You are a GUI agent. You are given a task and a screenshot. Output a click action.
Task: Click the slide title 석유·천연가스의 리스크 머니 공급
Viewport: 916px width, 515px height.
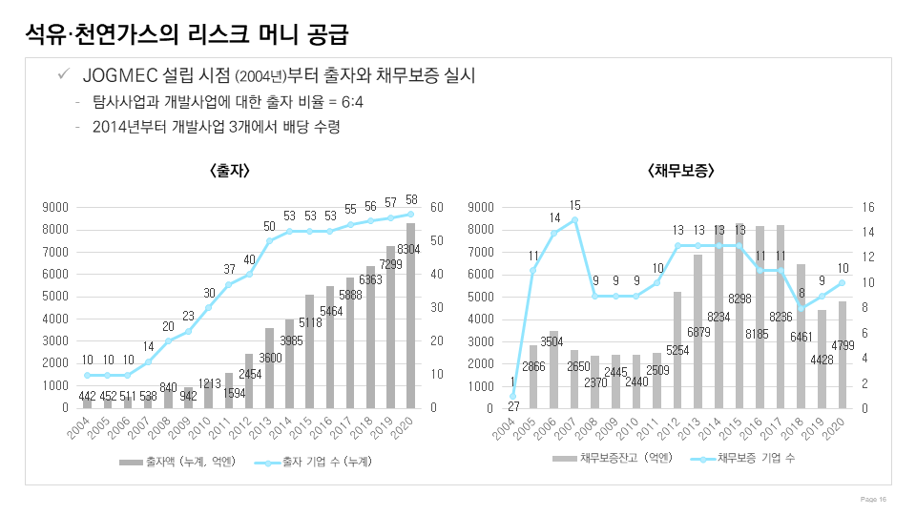point(187,35)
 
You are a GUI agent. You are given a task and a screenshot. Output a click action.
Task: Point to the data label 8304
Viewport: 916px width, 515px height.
point(410,249)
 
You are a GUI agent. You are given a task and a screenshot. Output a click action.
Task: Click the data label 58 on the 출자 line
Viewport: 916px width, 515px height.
point(411,200)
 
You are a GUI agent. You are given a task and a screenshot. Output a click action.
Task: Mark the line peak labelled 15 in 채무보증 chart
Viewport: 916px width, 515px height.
point(574,219)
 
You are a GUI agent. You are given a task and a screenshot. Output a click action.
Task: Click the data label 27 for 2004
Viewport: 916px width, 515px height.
point(513,405)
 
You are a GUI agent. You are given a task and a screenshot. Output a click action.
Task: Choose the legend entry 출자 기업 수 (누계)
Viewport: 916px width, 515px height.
point(314,462)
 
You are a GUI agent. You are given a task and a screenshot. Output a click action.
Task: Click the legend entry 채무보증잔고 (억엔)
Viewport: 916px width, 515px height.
point(614,459)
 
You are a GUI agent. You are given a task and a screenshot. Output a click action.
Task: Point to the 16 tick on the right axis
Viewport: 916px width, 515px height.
point(868,207)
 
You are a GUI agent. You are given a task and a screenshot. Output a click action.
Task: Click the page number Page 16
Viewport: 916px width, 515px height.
point(874,499)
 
